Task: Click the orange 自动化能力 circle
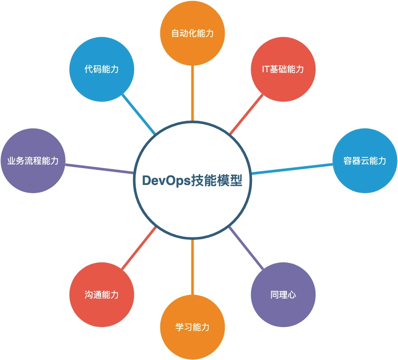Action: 192,33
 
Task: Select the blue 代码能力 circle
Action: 102,69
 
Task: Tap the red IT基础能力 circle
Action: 283,69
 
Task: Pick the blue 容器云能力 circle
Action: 365,161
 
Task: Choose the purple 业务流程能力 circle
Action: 33,161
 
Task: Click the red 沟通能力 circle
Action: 102,295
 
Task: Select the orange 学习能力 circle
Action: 192,327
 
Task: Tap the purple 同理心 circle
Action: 283,295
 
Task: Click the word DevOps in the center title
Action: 166,181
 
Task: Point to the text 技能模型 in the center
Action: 217,181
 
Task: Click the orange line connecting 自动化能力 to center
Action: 192,93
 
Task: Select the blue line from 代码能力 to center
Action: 139,114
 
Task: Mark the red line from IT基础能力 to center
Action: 246,114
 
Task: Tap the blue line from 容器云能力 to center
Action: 292,169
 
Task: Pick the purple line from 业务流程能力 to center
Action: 99,169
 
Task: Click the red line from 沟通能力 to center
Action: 139,248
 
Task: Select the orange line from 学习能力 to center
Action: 192,267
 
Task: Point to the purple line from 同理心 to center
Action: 246,248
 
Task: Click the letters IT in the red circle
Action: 266,69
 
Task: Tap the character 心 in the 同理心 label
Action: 292,295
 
